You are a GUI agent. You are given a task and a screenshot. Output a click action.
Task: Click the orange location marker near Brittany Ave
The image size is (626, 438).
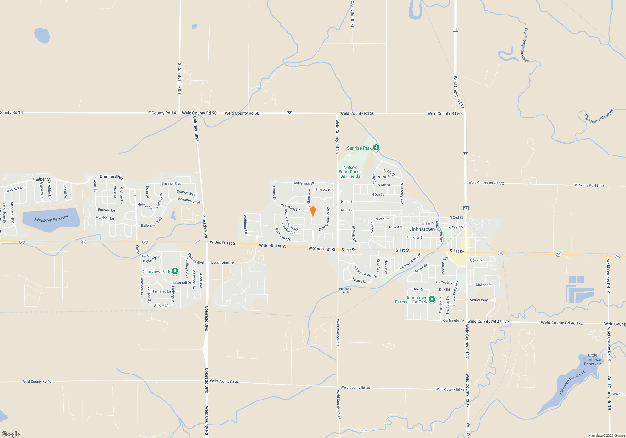tap(313, 211)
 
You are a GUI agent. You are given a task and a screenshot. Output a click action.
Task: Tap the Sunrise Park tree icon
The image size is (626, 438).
tap(376, 147)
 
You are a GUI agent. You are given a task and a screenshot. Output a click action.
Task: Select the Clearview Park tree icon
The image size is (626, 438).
tap(175, 271)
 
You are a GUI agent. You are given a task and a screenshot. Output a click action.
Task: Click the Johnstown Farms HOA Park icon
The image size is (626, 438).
tap(432, 299)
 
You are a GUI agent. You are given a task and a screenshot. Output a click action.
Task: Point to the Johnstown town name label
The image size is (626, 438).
tap(422, 229)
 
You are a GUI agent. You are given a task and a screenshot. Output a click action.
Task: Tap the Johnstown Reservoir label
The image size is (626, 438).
tap(51, 218)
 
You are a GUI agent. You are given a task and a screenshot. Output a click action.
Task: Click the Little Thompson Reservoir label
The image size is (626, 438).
tap(592, 359)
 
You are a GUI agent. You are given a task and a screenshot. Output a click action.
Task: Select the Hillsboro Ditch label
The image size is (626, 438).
tap(345, 291)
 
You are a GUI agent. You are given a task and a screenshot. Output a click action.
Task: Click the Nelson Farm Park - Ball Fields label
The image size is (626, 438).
tap(350, 172)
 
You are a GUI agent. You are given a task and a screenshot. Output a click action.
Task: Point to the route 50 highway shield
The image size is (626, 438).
tap(289, 113)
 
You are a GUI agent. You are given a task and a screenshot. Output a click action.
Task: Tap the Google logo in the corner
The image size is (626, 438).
tap(11, 434)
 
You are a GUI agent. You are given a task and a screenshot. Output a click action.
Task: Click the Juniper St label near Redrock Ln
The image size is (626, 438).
tap(41, 179)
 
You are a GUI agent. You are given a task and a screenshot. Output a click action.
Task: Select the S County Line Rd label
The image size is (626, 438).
tap(179, 78)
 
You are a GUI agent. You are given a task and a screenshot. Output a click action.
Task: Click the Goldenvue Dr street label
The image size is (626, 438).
tap(304, 183)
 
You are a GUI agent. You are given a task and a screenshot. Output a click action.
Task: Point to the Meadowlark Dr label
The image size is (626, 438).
tap(222, 263)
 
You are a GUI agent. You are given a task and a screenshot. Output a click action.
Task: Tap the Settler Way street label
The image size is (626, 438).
tap(479, 300)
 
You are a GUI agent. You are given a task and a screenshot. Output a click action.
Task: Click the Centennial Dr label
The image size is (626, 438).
tap(453, 321)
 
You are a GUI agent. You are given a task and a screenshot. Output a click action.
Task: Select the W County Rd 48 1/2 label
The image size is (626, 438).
tap(588, 185)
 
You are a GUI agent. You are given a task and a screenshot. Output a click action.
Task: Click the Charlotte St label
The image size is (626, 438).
tap(414, 237)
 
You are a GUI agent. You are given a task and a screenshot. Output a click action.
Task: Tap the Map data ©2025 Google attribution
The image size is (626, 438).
tap(606, 435)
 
